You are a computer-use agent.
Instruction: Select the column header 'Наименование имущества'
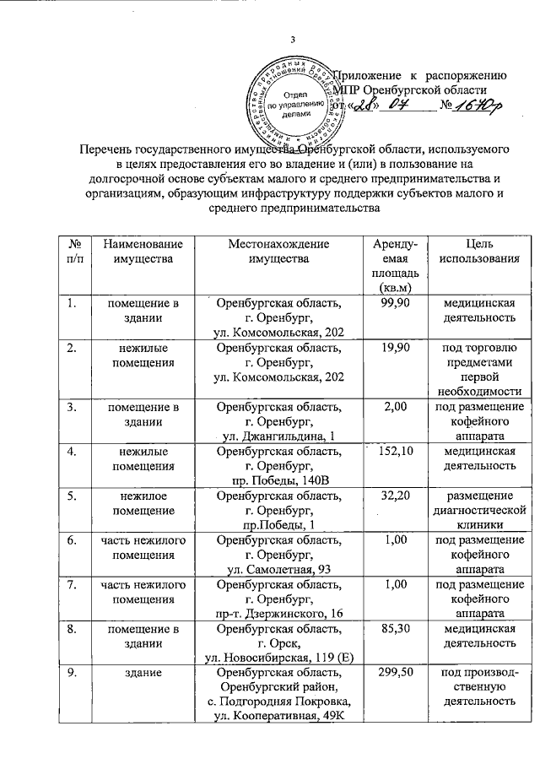136,251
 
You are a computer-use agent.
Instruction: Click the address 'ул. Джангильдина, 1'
278,435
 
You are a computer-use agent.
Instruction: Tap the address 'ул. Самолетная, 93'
278,568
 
